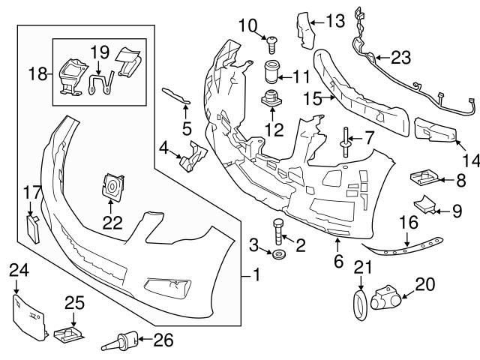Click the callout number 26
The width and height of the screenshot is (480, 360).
tap(163, 340)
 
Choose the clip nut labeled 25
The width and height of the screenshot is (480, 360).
tap(69, 334)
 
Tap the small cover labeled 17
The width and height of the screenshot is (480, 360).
tap(34, 226)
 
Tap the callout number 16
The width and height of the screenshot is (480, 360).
tap(406, 222)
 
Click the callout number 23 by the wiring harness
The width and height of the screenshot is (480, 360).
tap(401, 56)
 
